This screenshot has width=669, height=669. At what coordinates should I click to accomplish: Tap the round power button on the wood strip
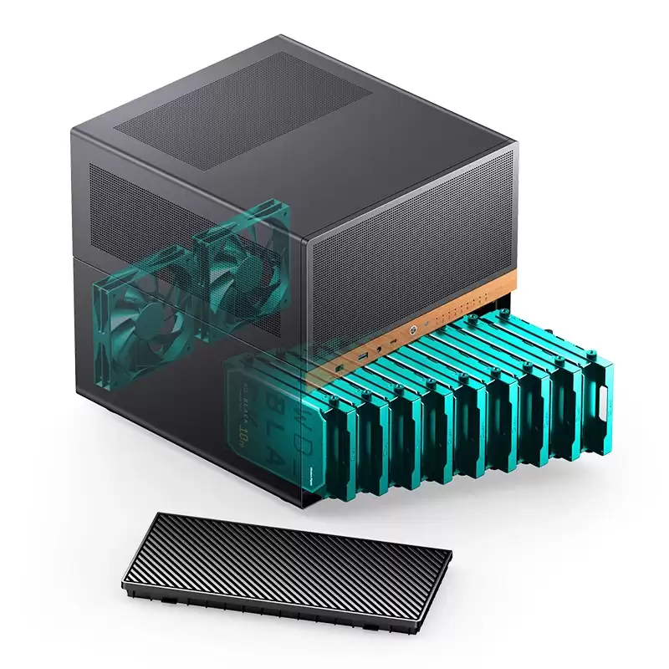point(412,329)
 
